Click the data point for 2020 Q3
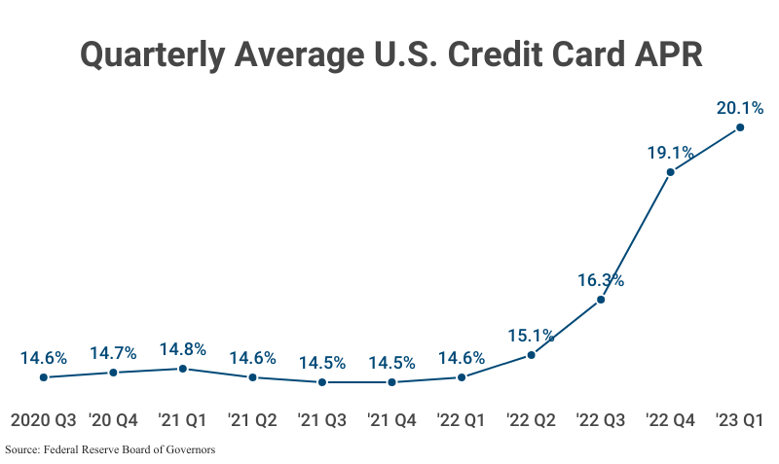point(44,377)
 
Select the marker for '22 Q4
point(671,172)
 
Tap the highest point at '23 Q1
point(740,127)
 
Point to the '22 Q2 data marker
point(531,355)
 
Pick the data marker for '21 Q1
point(183,369)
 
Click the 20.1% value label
point(740,107)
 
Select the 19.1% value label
point(670,152)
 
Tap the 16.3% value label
point(600,280)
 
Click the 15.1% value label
point(531,336)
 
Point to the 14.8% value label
point(183,349)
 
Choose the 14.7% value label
point(113,353)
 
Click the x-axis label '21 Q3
point(322,420)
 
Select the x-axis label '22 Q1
point(462,420)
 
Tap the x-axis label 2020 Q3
point(44,420)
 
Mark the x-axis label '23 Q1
point(740,420)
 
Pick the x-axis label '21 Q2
point(252,420)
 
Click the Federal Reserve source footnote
point(110,449)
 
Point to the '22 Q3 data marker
point(601,300)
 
